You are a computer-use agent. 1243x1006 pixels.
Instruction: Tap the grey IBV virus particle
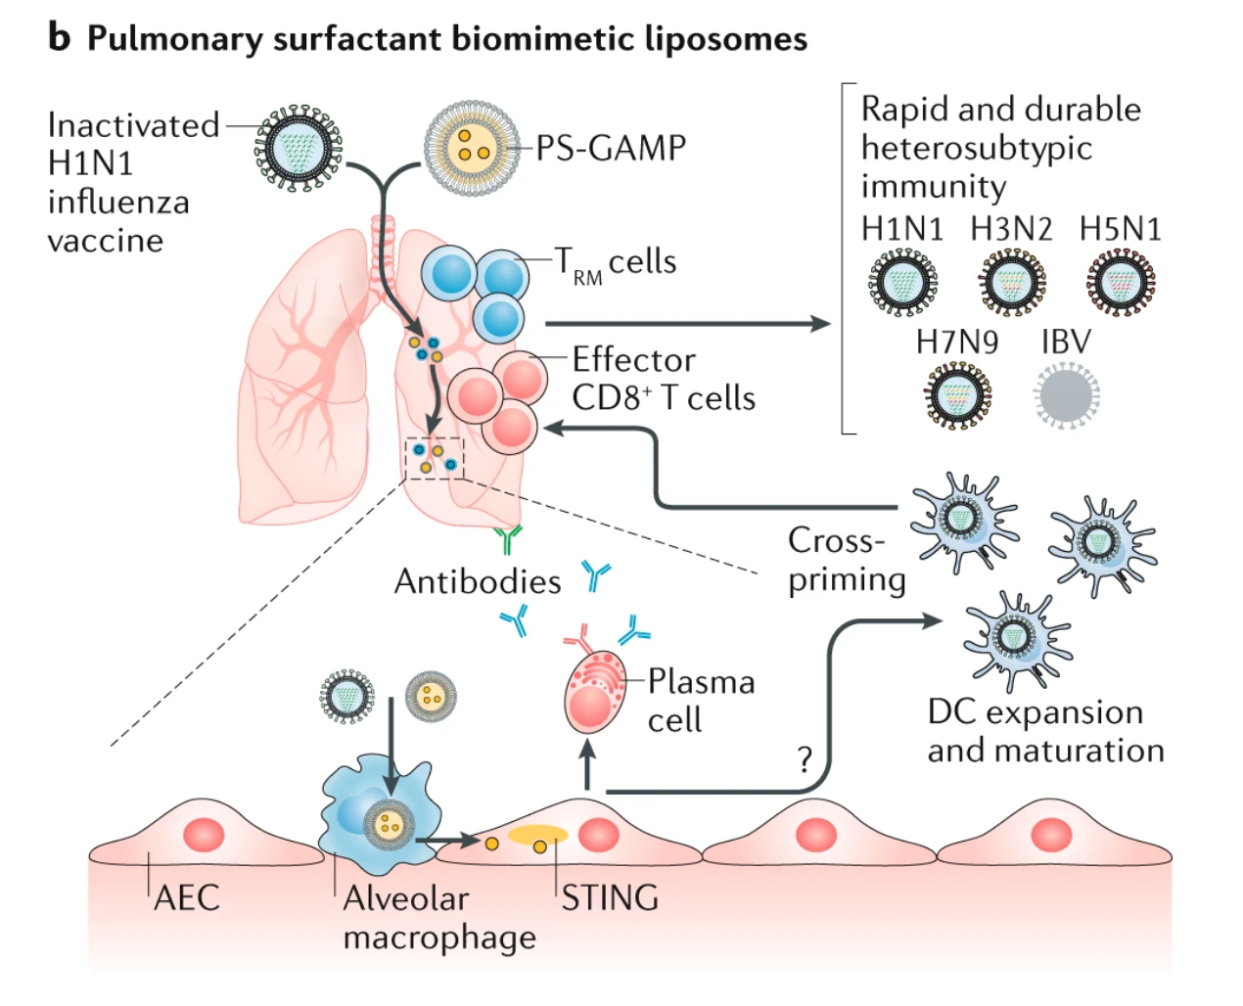[x=1066, y=394]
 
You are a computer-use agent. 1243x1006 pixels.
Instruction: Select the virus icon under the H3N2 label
[x=1011, y=282]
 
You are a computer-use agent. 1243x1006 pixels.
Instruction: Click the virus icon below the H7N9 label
[x=956, y=395]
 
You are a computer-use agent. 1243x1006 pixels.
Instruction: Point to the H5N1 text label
[x=1120, y=229]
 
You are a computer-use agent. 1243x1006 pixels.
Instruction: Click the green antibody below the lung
[x=508, y=539]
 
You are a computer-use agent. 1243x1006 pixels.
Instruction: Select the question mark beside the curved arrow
[x=805, y=759]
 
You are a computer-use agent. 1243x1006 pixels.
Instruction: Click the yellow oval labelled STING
[x=537, y=835]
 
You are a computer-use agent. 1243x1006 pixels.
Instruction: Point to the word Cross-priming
[x=846, y=560]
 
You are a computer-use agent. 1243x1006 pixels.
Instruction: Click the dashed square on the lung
[x=434, y=458]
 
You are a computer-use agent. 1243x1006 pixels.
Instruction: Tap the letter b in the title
[x=59, y=37]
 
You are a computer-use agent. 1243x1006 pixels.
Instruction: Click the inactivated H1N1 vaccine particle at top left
[x=299, y=148]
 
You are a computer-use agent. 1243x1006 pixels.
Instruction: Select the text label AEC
[x=187, y=897]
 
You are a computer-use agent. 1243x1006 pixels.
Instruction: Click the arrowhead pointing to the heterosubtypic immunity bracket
[x=820, y=323]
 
